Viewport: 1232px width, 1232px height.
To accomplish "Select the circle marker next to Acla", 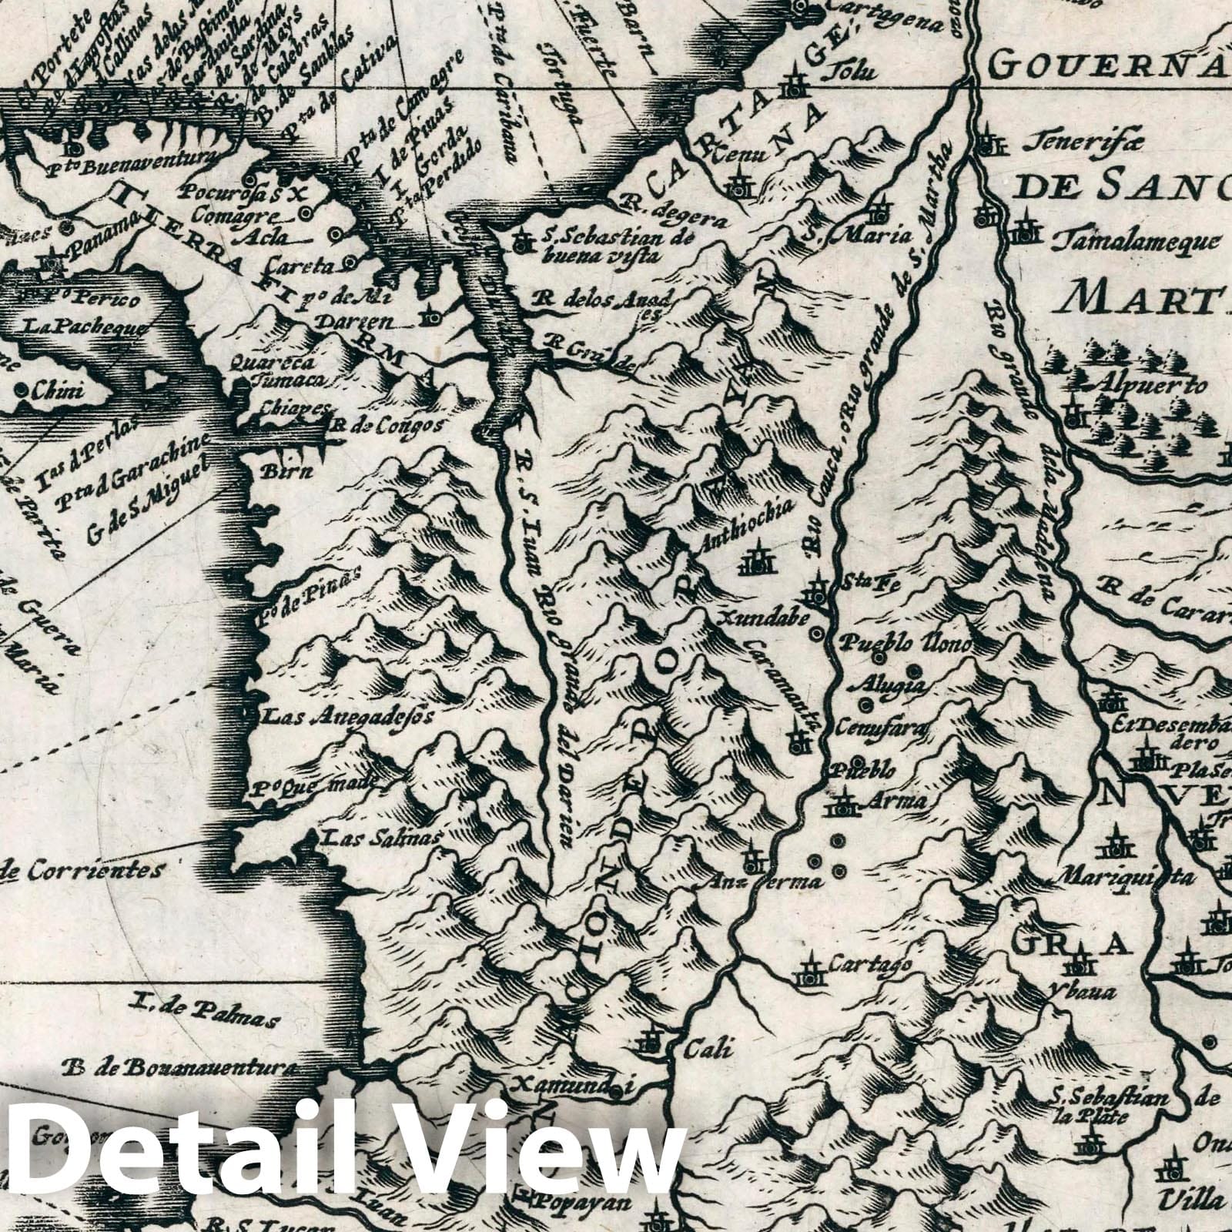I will pyautogui.click(x=334, y=234).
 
